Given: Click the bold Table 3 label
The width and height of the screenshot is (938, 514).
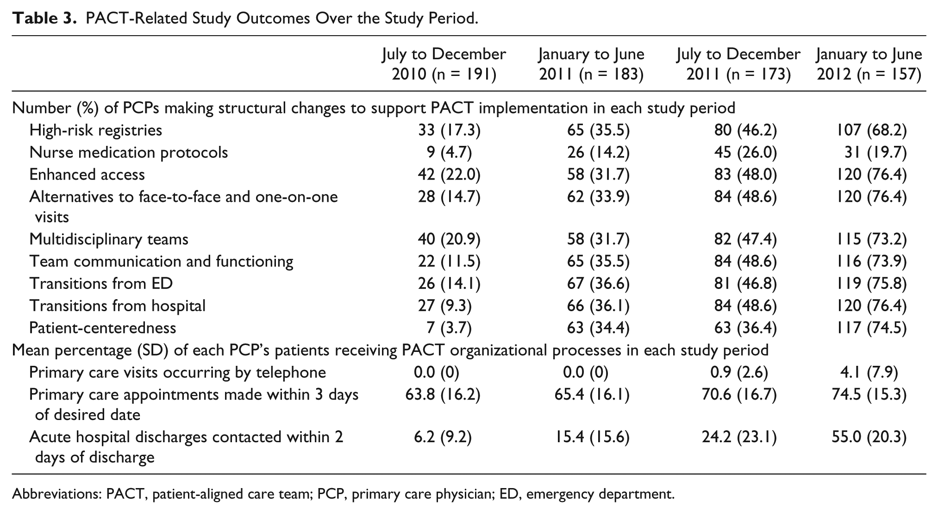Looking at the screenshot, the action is (x=41, y=19).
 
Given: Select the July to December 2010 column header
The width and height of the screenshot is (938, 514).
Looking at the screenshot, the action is (x=444, y=64).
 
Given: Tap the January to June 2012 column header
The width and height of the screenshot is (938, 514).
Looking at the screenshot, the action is (x=869, y=64).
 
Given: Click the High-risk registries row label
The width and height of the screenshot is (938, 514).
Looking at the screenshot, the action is (x=96, y=130).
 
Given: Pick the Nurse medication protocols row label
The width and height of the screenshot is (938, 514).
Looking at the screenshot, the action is (x=129, y=152).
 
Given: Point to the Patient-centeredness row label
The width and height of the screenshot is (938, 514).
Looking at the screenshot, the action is (x=103, y=328).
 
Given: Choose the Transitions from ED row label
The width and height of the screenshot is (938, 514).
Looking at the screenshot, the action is (x=101, y=283).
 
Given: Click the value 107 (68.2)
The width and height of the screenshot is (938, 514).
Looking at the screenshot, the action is (x=869, y=131).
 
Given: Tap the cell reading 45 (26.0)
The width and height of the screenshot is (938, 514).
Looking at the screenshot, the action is (x=745, y=153).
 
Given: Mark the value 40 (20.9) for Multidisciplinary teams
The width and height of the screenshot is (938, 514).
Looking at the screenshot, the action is (x=449, y=239).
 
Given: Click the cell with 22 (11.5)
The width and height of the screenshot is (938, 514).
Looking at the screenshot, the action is (x=449, y=262).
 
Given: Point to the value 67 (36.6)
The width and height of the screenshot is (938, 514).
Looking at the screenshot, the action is (x=598, y=284).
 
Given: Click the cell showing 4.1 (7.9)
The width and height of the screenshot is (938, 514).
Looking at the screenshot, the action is (x=869, y=373).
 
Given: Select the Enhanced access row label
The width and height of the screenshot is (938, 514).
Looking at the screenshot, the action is (x=87, y=175).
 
